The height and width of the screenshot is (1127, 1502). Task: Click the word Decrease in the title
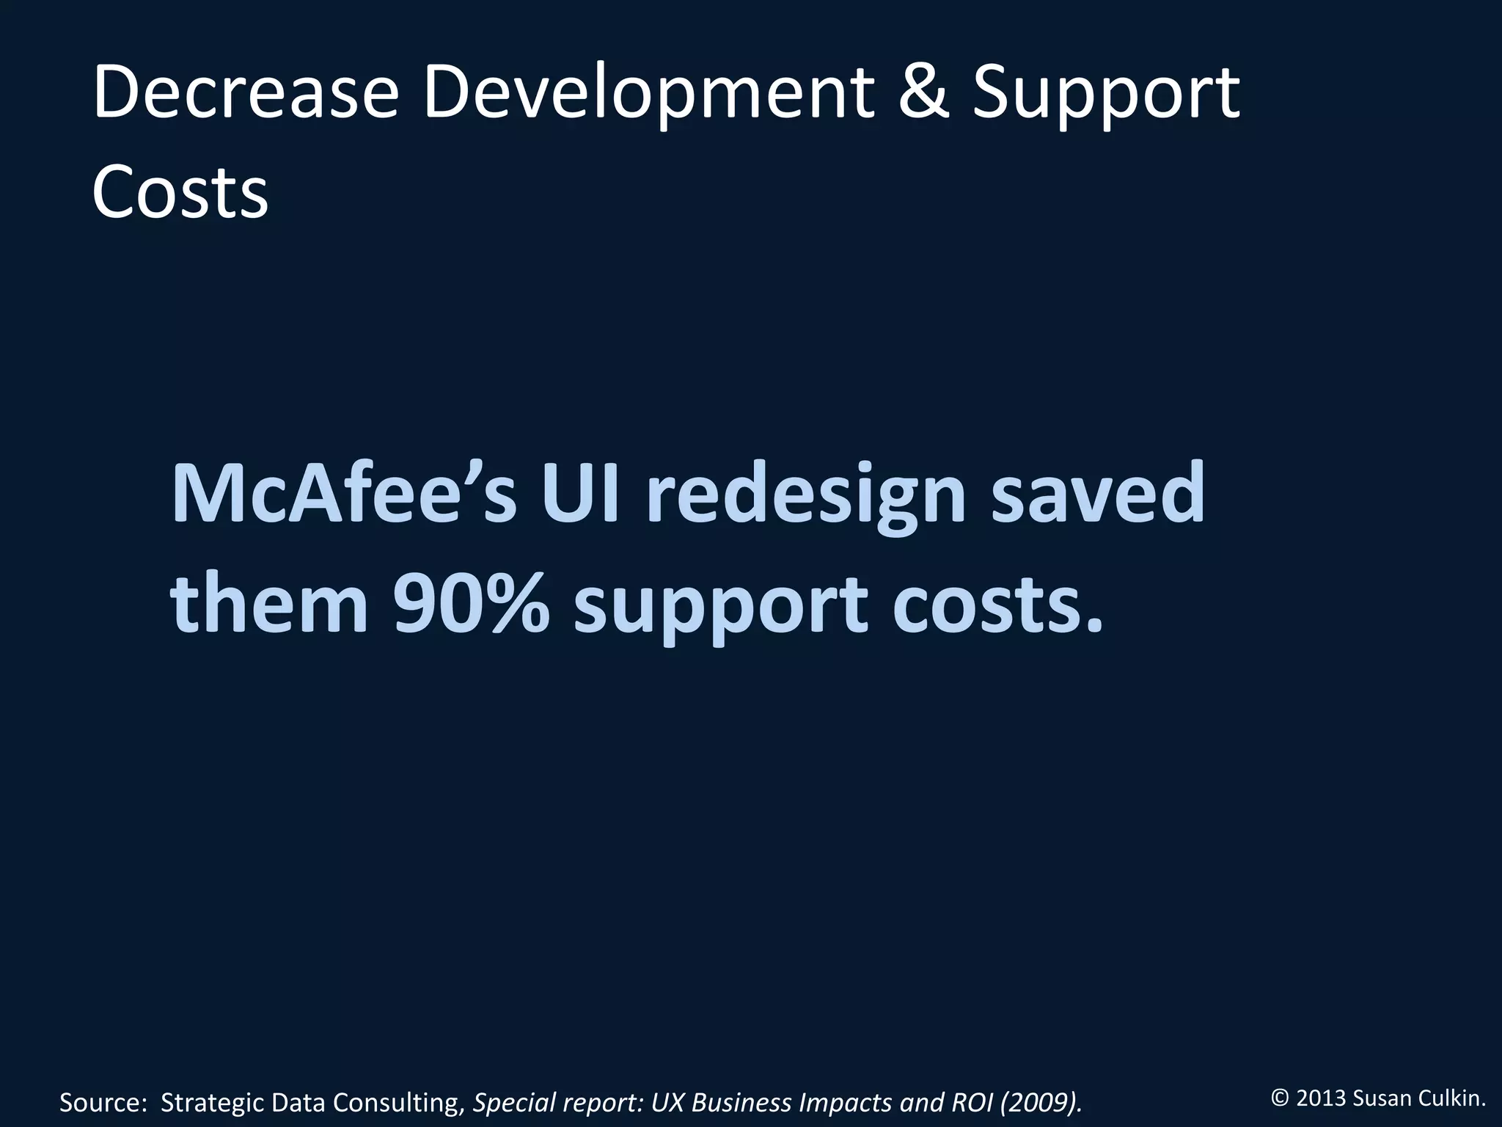click(x=246, y=93)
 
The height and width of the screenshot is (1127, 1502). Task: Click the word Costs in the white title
click(x=180, y=192)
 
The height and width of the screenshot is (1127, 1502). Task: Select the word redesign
click(x=807, y=493)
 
